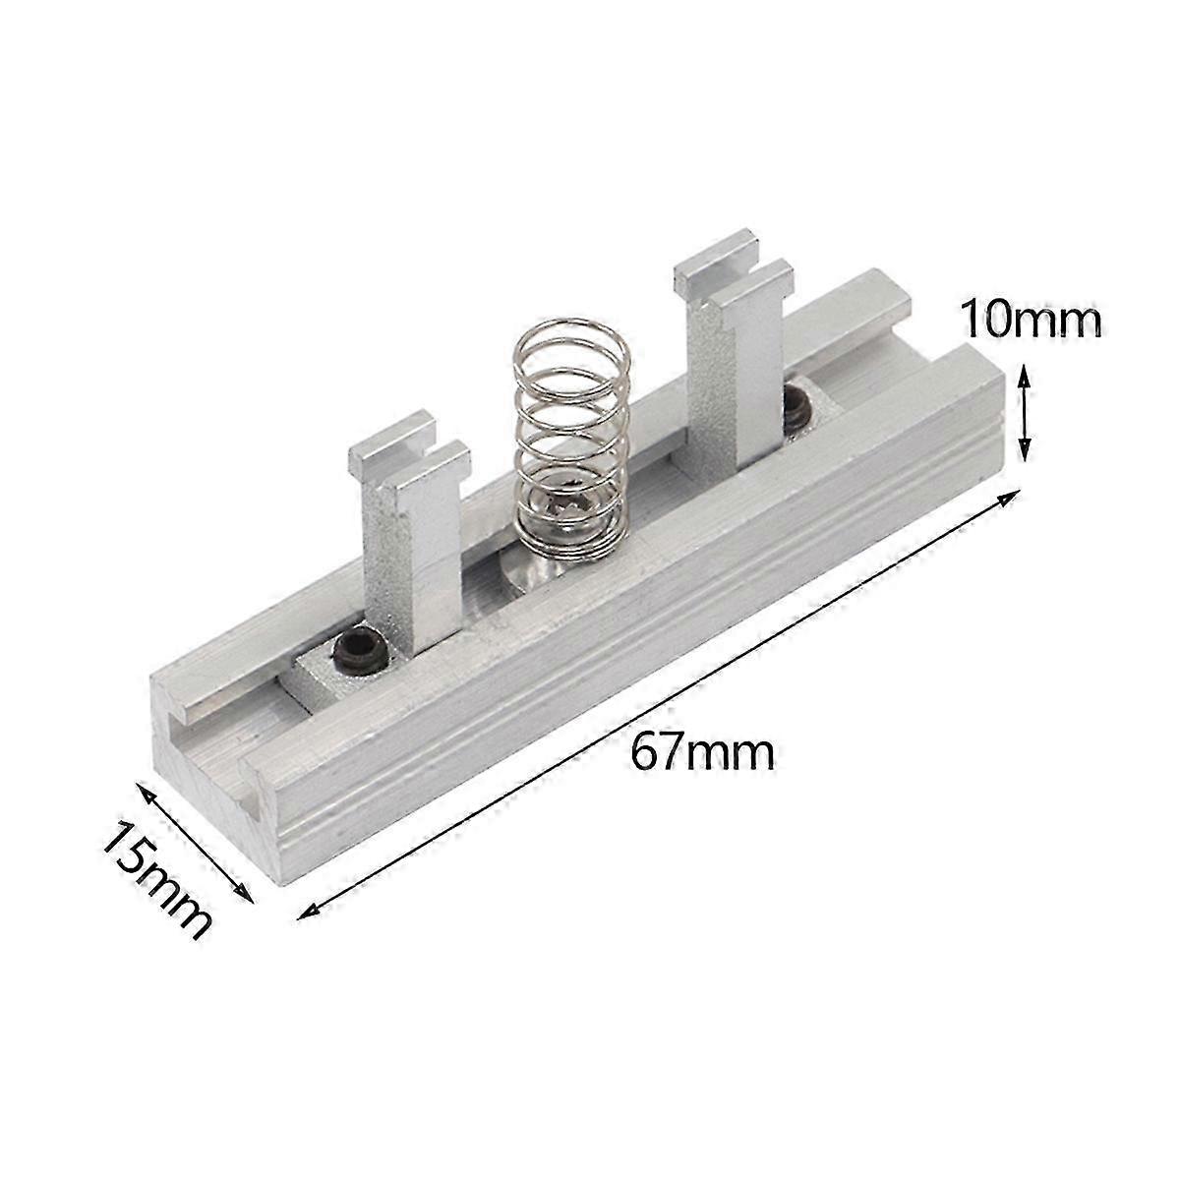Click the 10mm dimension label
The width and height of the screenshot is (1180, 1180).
point(1032,319)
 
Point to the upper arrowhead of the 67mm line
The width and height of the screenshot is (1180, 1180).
point(1011,496)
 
